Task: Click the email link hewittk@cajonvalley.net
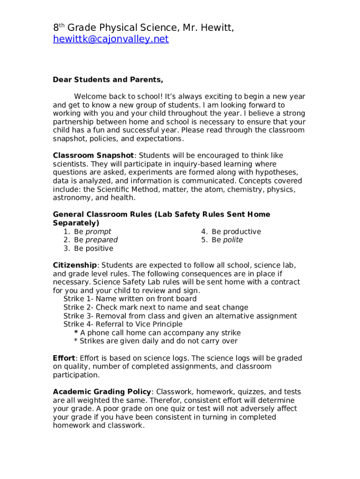tap(110, 39)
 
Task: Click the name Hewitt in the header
tap(216, 28)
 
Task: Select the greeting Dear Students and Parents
tap(108, 80)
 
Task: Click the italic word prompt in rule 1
tap(98, 232)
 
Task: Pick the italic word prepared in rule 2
tap(101, 240)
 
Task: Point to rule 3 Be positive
tap(93, 248)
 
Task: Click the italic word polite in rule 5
tap(233, 240)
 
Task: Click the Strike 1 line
tap(130, 299)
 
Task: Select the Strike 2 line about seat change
tap(156, 307)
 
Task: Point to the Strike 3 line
tap(180, 316)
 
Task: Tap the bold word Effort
tap(64, 358)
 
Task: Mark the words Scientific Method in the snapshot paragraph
tap(122, 189)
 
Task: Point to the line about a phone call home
tap(160, 333)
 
